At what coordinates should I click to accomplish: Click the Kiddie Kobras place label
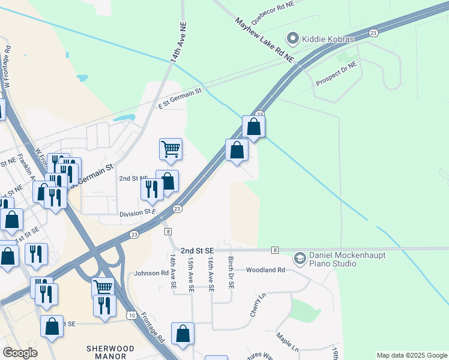pos(329,39)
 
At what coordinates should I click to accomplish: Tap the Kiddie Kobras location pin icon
pos(293,39)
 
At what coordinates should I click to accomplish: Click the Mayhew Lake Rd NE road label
pos(266,40)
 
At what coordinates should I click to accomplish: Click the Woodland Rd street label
pos(265,270)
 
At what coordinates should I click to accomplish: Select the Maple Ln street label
pos(288,343)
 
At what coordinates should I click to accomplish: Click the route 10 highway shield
pos(131,314)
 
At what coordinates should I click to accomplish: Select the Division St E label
pos(137,212)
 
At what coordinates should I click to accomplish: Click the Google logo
pos(20,353)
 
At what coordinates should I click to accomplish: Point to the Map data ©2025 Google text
pos(412,355)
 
